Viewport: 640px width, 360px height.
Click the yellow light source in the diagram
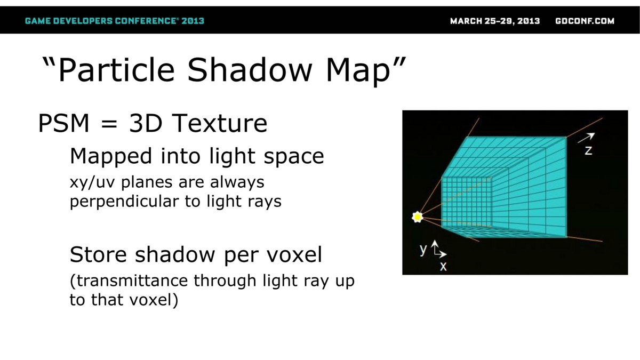(418, 217)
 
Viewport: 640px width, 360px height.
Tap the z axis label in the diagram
(588, 150)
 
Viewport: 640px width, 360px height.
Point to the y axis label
(423, 250)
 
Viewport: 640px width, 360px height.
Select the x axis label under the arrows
(443, 267)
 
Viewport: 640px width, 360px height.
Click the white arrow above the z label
(586, 138)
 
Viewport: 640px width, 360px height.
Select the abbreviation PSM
(63, 123)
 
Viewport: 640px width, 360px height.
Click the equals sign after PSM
(109, 124)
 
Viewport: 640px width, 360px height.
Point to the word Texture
(219, 123)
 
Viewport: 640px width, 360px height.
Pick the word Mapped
(110, 157)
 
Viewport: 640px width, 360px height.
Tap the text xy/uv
(93, 182)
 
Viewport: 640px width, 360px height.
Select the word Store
(98, 254)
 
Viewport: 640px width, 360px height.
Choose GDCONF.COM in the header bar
(585, 21)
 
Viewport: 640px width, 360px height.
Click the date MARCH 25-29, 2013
(495, 21)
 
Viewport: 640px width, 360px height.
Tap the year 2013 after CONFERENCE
(193, 21)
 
